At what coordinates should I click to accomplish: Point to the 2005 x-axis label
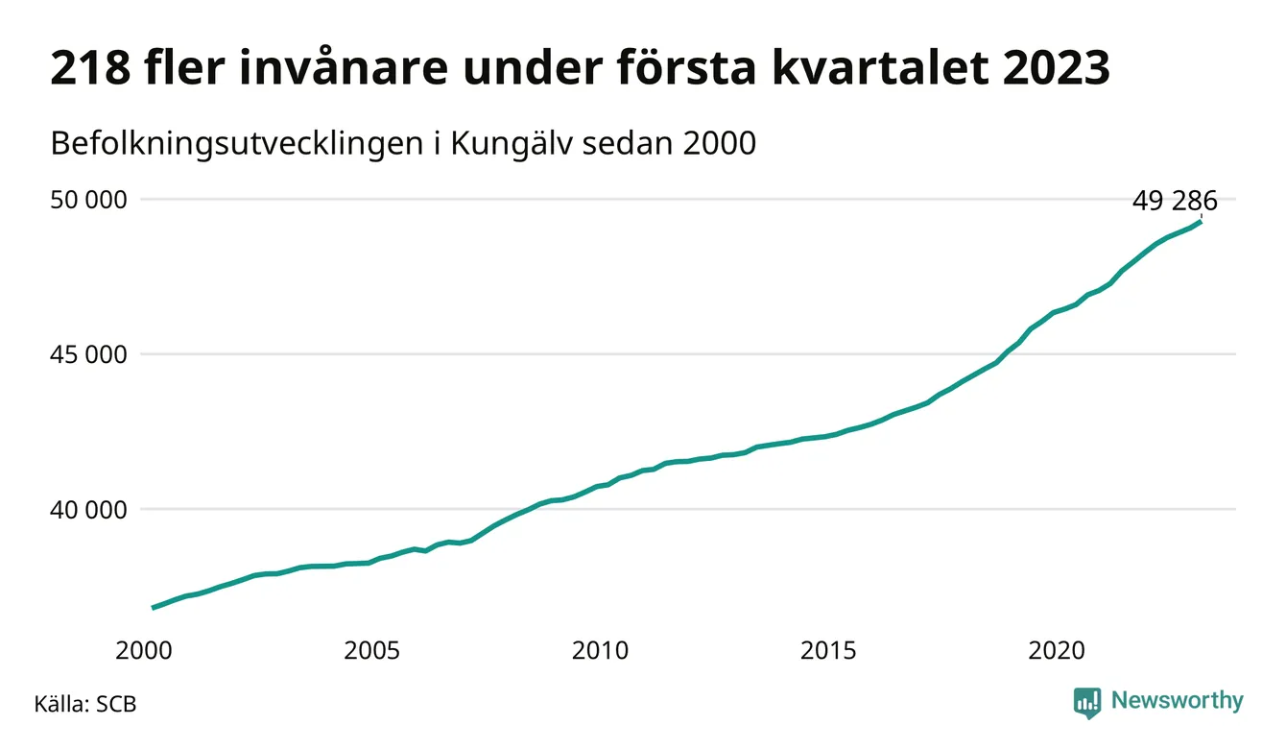tap(372, 650)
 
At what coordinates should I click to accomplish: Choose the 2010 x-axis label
tap(601, 650)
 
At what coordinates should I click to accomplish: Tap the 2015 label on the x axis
tap(829, 650)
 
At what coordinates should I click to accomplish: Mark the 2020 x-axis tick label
tap(1058, 650)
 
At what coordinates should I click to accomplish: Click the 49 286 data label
tap(1175, 202)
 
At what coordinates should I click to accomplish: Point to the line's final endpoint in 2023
tap(1201, 222)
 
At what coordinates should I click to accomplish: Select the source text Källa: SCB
tap(85, 704)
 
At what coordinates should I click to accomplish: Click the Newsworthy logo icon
tap(1087, 702)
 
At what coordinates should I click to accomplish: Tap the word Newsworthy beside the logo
tap(1177, 701)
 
